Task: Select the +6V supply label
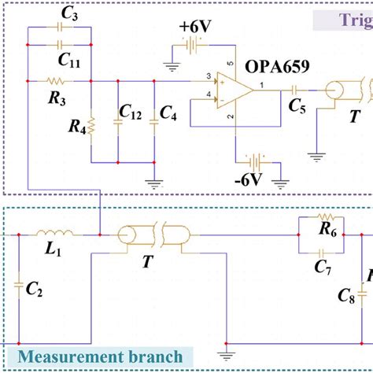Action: (x=195, y=26)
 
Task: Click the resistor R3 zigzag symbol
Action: (x=57, y=80)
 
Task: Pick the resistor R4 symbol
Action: (x=91, y=125)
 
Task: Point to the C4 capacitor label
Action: (x=168, y=115)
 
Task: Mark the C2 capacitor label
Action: (x=35, y=290)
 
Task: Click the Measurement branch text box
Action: (x=101, y=356)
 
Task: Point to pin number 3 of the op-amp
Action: (x=209, y=76)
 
